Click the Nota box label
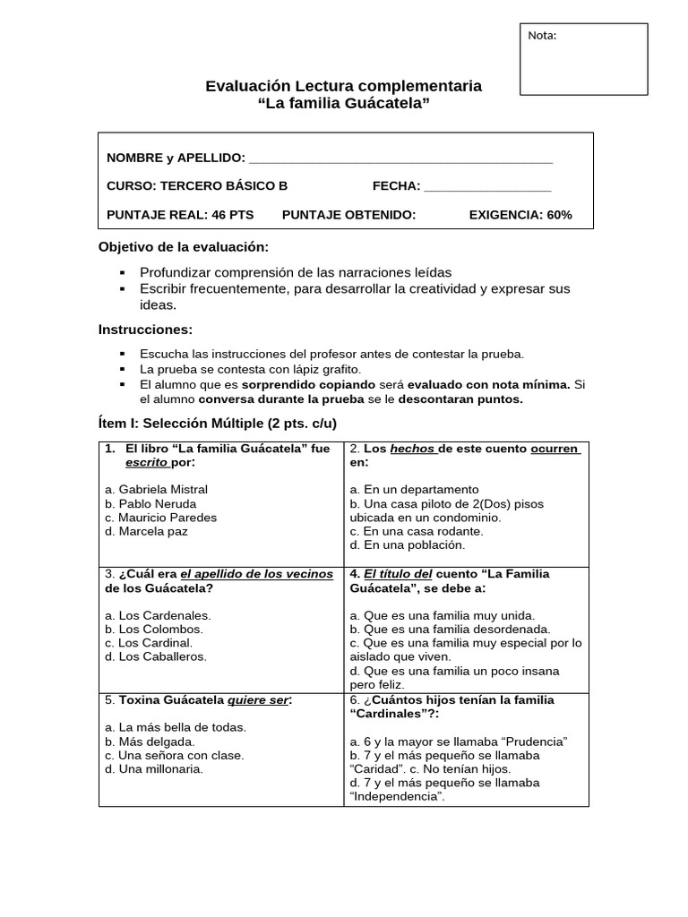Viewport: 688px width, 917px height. [x=542, y=36]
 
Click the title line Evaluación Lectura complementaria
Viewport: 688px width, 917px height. [x=343, y=87]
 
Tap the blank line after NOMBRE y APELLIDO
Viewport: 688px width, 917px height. [x=400, y=159]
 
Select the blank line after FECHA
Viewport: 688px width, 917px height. [x=487, y=186]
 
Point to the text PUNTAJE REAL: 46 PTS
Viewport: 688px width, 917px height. [x=180, y=215]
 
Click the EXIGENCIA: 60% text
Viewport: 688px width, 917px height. [x=520, y=215]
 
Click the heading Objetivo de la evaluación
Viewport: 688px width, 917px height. [x=183, y=246]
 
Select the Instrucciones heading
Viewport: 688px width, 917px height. [x=145, y=330]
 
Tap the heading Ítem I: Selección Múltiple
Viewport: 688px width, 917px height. [x=218, y=423]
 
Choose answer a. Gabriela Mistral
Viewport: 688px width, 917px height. [x=156, y=490]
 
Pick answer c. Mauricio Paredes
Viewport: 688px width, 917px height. [x=160, y=518]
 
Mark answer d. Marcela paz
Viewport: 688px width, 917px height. [x=146, y=531]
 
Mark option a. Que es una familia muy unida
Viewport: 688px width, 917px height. [x=442, y=615]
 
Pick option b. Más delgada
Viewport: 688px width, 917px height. [x=150, y=741]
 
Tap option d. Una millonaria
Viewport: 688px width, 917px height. [x=153, y=768]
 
